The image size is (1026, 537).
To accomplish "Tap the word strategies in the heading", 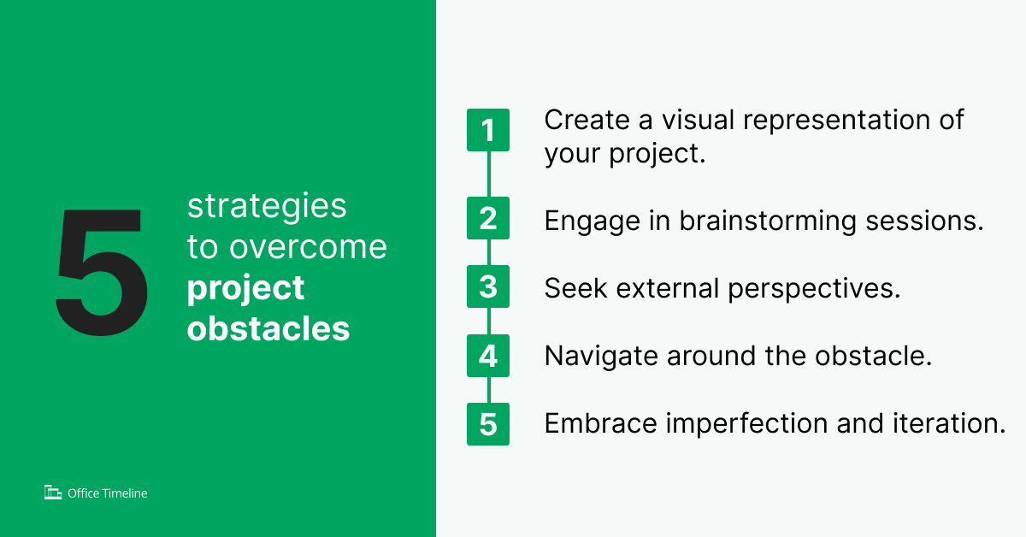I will tap(267, 207).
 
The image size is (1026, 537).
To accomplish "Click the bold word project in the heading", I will tap(245, 288).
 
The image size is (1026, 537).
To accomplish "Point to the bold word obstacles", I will tap(268, 328).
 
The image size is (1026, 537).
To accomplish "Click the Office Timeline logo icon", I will tap(53, 492).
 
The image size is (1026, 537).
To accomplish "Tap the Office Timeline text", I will tap(108, 493).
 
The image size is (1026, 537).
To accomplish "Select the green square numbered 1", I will tap(488, 130).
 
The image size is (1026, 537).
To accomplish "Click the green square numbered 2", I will tap(488, 218).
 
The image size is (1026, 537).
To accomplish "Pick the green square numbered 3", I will tap(488, 286).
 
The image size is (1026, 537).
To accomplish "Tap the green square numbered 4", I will tap(488, 356).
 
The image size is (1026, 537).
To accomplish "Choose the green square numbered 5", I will tap(488, 424).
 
